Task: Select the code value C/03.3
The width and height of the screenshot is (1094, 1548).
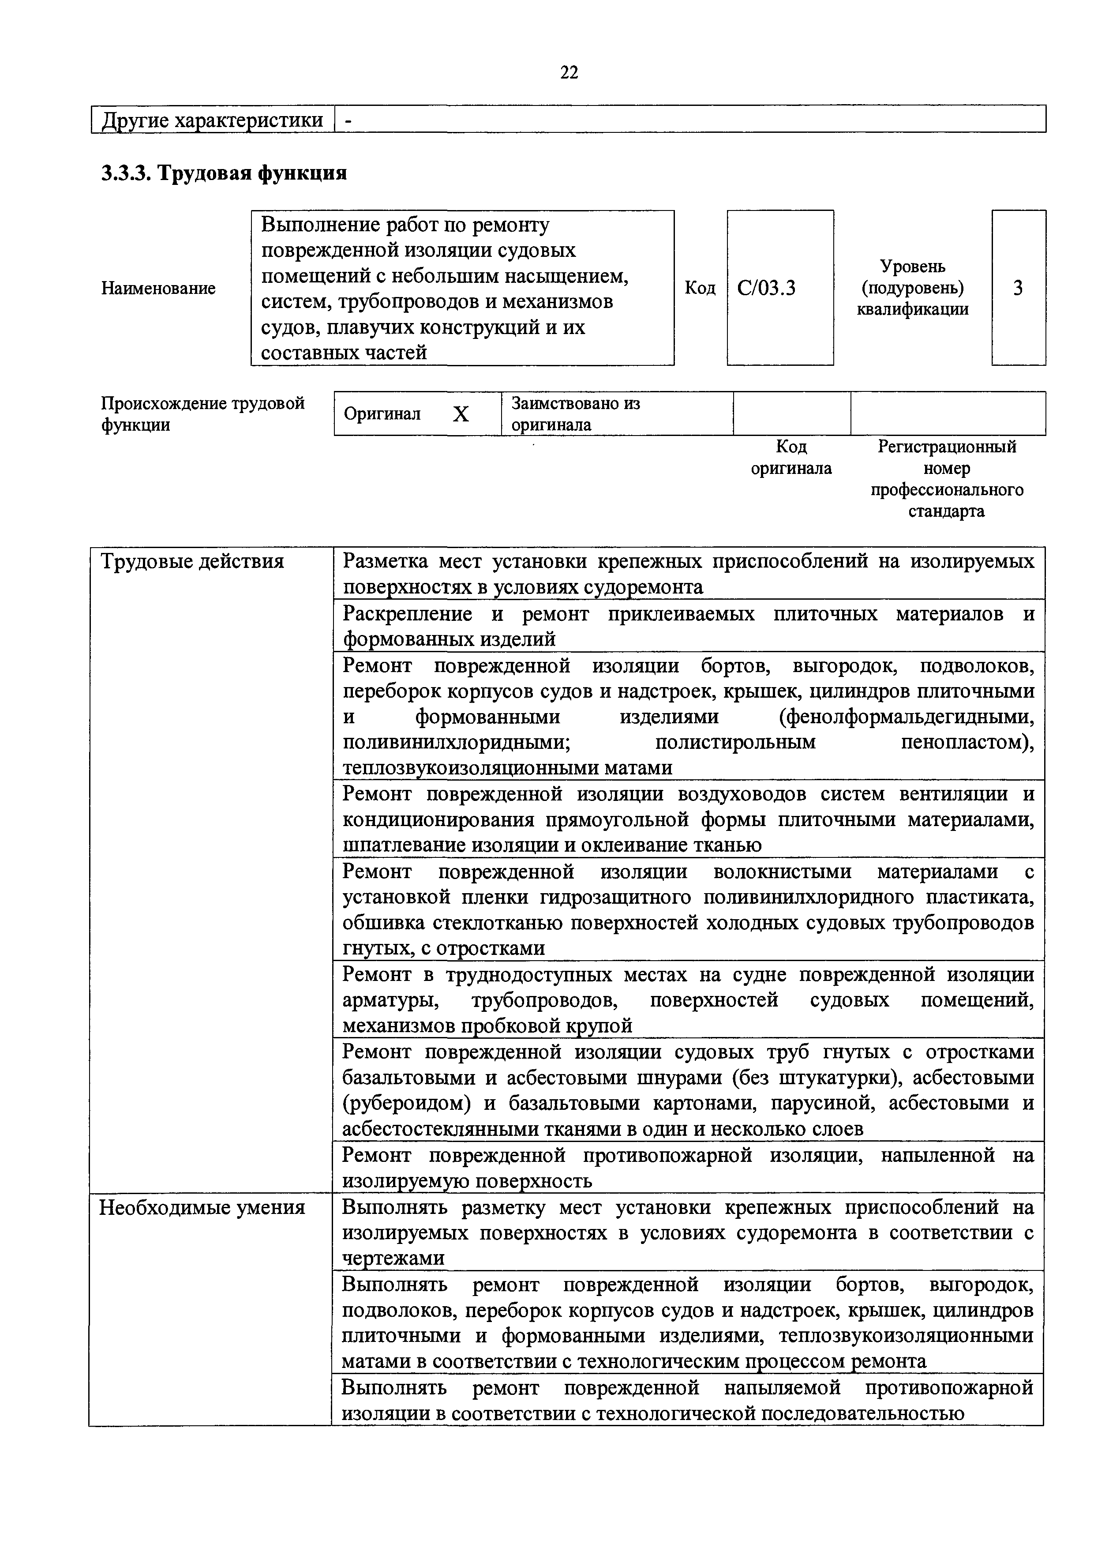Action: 766,289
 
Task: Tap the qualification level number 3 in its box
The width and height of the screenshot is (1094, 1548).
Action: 1018,289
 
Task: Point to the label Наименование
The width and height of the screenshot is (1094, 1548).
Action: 158,289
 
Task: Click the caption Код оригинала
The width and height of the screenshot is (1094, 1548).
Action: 791,458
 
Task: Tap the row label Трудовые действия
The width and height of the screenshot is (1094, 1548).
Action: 192,562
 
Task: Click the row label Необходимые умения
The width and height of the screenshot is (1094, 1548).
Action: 202,1207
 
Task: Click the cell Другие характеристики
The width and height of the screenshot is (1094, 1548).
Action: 212,120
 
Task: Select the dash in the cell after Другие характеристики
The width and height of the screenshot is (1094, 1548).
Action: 348,120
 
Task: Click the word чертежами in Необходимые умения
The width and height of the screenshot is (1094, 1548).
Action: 393,1259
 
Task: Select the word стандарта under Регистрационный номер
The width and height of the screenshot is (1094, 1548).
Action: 946,511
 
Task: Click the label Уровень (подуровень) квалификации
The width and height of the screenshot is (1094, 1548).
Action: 913,289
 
